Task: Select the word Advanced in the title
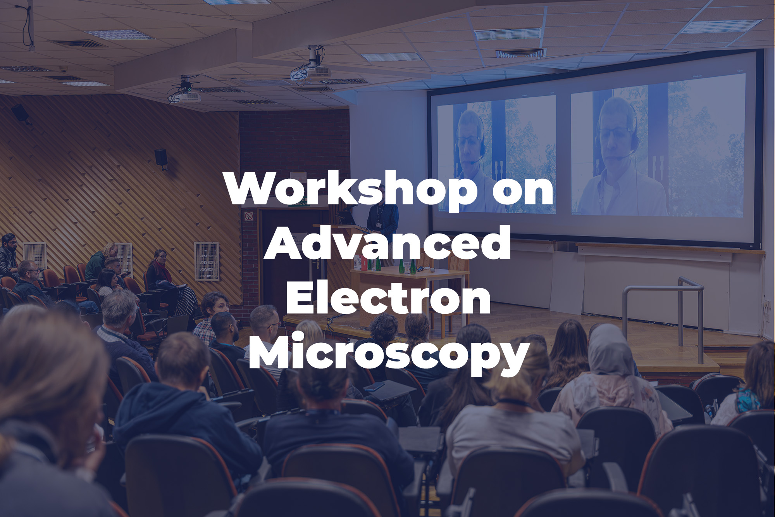click(387, 243)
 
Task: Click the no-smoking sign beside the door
click(249, 215)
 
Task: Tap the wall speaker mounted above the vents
click(161, 158)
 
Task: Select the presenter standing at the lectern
click(382, 217)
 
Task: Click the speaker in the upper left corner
click(20, 114)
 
